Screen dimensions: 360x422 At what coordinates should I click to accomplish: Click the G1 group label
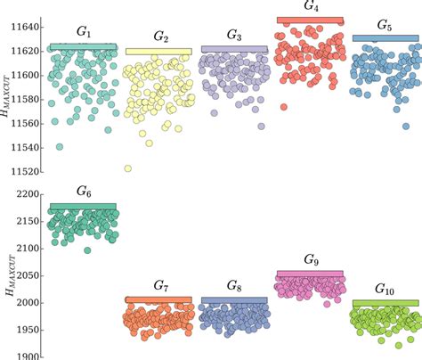point(83,33)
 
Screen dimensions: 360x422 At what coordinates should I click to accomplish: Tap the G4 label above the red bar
point(312,6)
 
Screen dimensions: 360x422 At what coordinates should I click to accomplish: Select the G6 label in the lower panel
point(83,192)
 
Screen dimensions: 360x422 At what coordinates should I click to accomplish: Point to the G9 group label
point(310,259)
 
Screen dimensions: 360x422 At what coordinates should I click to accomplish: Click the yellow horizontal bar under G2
point(158,52)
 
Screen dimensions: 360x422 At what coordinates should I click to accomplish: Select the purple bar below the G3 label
point(234,49)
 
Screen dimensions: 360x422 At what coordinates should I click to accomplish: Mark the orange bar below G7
point(158,299)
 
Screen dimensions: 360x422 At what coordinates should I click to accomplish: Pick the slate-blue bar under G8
point(234,300)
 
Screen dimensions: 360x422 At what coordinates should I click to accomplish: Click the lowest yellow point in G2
point(128,168)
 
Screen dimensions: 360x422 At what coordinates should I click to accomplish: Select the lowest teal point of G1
point(60,146)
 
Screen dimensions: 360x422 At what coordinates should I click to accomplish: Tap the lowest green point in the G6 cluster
point(87,250)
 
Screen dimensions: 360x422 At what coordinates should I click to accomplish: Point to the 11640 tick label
point(23,26)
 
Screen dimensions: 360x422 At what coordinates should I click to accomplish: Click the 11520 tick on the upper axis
point(23,170)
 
